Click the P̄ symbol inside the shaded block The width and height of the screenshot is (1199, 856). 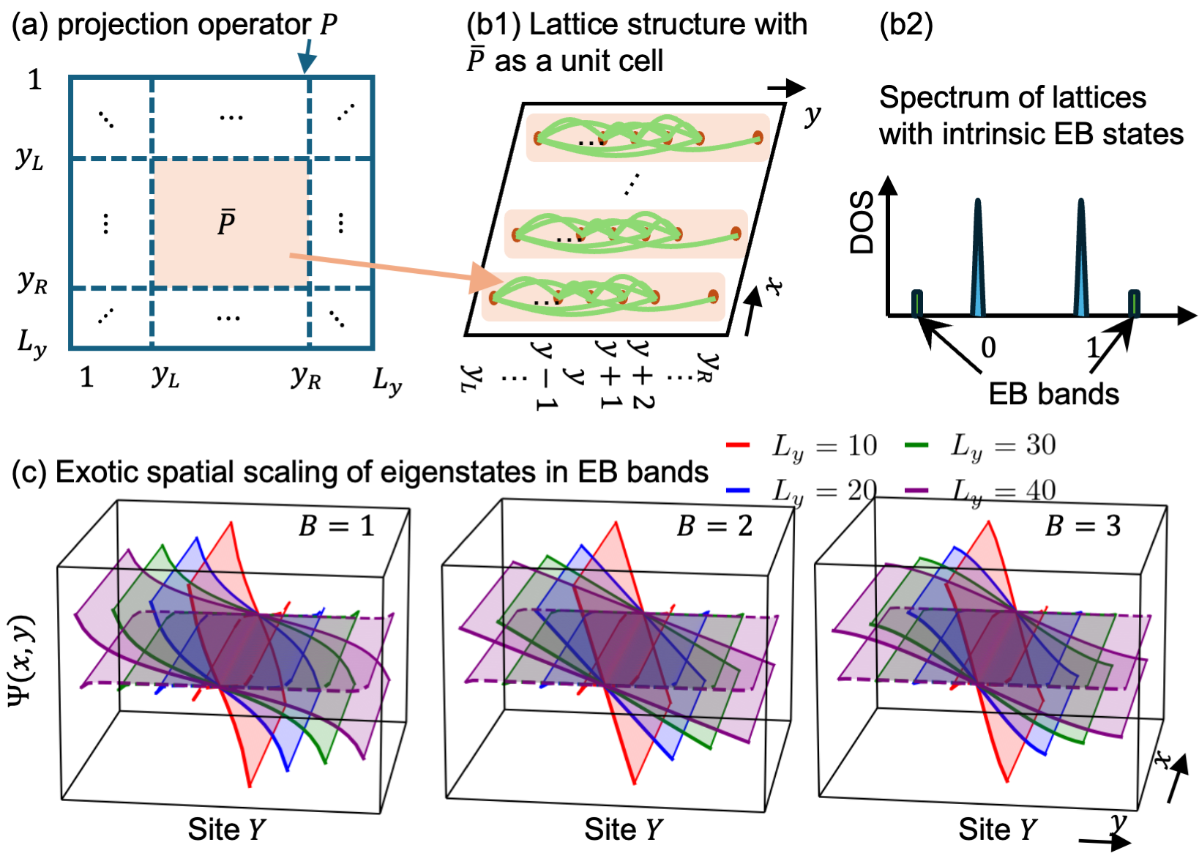(x=227, y=222)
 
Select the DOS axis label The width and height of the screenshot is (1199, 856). (x=862, y=223)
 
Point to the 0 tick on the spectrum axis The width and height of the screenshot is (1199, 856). (x=988, y=348)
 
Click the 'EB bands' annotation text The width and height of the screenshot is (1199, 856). (x=1053, y=394)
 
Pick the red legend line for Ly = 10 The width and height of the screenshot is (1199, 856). (x=737, y=445)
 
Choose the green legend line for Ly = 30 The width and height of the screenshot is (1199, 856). (x=916, y=445)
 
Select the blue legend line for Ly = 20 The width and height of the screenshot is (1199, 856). (x=737, y=490)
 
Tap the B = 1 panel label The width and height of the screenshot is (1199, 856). (x=337, y=526)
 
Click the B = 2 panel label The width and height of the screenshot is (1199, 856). (x=714, y=526)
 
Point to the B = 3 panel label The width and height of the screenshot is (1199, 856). (x=1083, y=526)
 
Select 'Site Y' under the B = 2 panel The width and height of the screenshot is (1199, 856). (x=623, y=830)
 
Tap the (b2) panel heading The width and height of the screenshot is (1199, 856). (x=906, y=25)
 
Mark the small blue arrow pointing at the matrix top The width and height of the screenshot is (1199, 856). (x=307, y=56)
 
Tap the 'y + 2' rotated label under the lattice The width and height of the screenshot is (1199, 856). (x=641, y=373)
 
